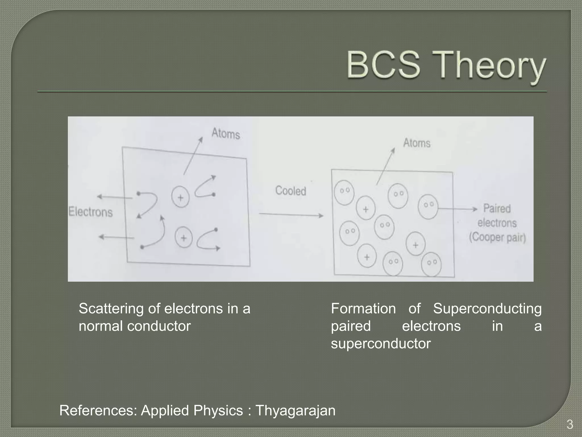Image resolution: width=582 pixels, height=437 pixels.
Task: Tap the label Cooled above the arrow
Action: [x=290, y=191]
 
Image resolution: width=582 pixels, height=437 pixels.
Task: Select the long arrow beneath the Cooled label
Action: [x=291, y=215]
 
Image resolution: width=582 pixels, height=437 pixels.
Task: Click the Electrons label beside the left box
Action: [x=91, y=212]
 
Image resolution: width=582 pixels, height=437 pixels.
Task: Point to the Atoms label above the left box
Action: [x=226, y=133]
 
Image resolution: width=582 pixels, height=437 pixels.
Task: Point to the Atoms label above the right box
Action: [x=417, y=143]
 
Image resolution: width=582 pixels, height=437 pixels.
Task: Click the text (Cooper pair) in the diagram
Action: [x=497, y=237]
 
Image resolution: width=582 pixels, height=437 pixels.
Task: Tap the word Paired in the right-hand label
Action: [x=497, y=209]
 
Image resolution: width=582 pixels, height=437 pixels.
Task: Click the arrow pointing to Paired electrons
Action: [x=458, y=209]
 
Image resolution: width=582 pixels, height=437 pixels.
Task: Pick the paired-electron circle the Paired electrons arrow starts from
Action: [x=428, y=206]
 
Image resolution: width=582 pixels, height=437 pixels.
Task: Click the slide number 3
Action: [x=569, y=425]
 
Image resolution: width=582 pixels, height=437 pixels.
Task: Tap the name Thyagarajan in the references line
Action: [x=296, y=411]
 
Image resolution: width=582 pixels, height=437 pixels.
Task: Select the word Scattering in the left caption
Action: [x=111, y=309]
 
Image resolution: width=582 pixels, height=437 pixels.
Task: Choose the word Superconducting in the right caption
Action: [x=487, y=309]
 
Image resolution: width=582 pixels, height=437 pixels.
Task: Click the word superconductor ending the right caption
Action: [x=381, y=344]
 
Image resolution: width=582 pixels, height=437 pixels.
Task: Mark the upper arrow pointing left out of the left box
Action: [x=115, y=197]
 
